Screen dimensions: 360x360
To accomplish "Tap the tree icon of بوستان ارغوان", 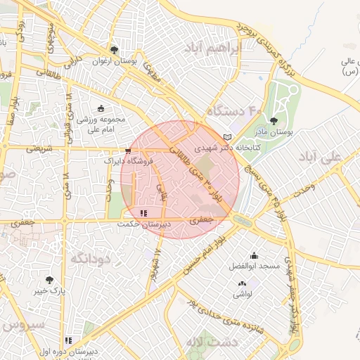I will pos(114,50).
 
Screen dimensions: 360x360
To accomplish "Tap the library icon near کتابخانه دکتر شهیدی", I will pos(226,136).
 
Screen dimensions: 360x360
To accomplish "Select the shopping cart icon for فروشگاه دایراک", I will pos(128,150).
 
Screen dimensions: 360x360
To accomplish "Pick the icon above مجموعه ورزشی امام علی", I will pos(101,108).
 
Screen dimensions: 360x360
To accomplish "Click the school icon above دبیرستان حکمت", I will pos(143,213).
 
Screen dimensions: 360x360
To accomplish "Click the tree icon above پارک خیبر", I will pos(49,279).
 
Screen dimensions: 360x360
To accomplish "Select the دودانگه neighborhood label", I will pos(89,259).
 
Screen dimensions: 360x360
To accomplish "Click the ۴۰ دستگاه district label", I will pos(234,111).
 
